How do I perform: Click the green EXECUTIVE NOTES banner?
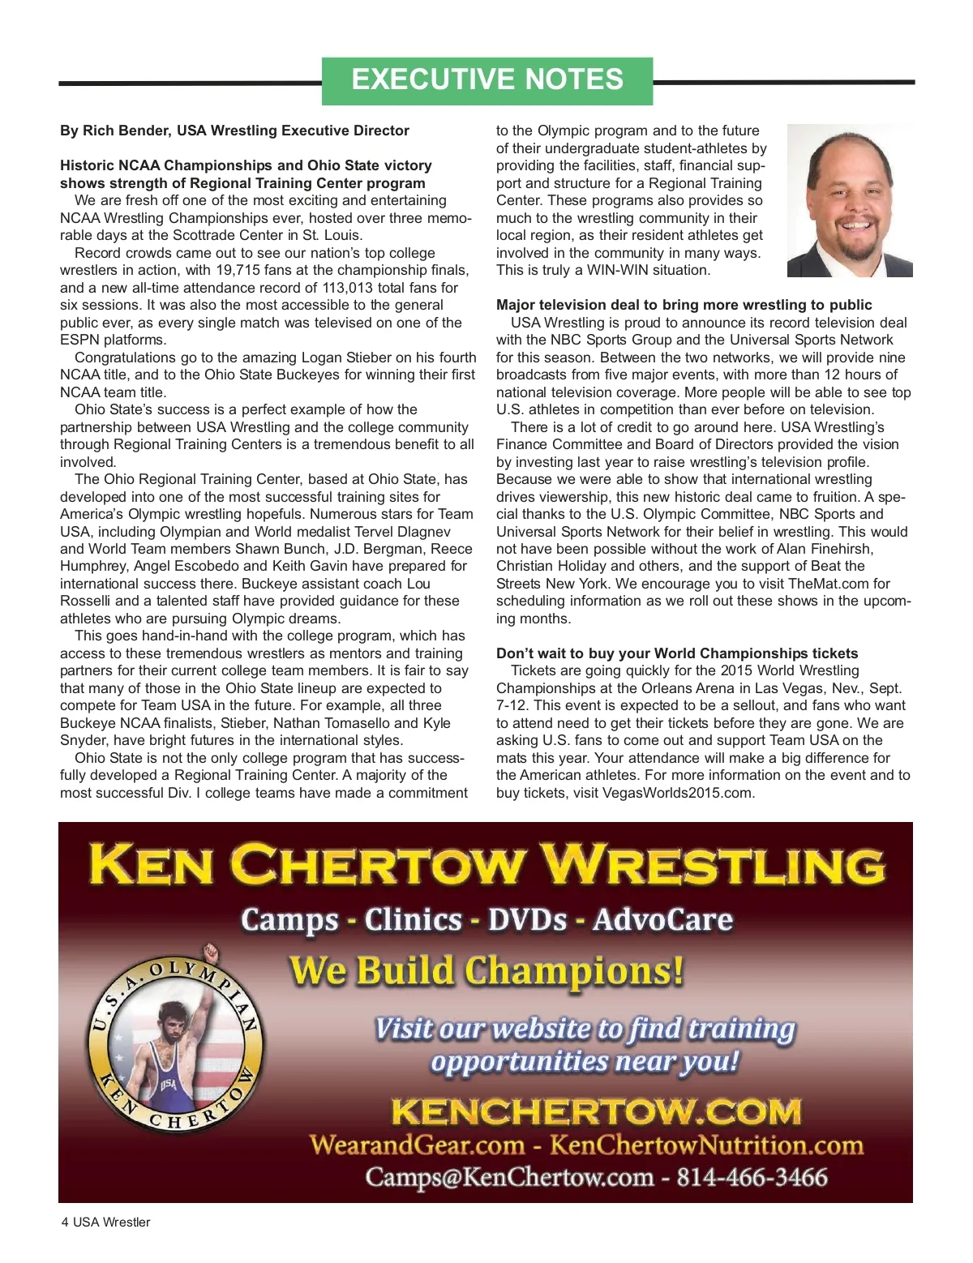point(487,80)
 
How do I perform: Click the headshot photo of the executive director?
point(850,200)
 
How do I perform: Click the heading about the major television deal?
point(684,306)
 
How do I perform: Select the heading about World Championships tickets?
point(677,653)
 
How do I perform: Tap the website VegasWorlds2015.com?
point(678,793)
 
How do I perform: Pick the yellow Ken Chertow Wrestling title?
point(486,864)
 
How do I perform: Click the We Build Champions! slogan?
point(486,970)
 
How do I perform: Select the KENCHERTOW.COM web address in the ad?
point(596,1111)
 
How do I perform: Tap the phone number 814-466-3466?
point(752,1177)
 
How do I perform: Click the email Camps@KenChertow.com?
point(509,1177)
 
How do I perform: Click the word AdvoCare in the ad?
point(662,920)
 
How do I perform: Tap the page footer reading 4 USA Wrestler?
point(105,1222)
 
